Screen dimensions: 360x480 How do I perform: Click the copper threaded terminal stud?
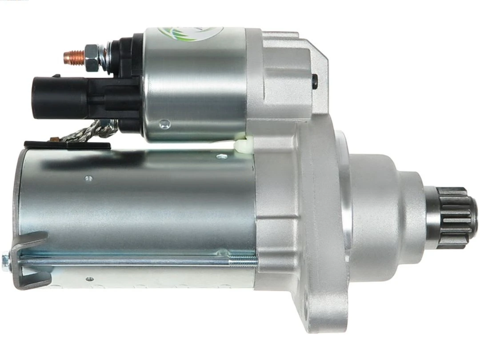tap(73, 56)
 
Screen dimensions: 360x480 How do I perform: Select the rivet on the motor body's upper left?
tap(88, 178)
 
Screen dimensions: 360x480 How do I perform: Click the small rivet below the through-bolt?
tap(90, 279)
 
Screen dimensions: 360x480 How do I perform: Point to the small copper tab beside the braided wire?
tap(55, 139)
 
